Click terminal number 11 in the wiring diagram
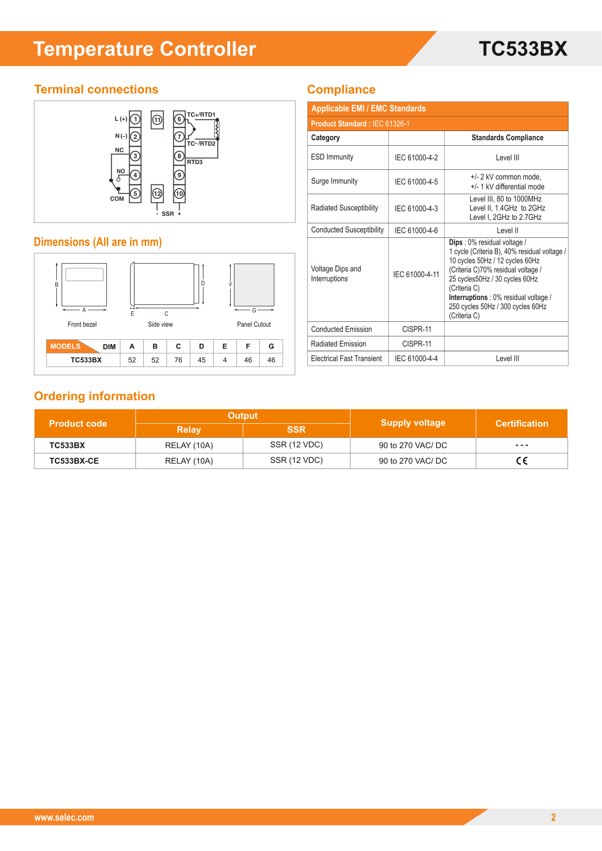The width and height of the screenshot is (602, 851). [157, 120]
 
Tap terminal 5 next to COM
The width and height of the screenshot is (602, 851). [135, 193]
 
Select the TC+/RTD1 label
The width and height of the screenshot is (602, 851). [201, 115]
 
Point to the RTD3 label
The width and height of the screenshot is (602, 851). [195, 162]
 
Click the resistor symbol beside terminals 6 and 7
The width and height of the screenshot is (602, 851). [217, 129]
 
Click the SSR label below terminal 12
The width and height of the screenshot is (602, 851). [168, 214]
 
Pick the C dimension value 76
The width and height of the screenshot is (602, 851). [178, 360]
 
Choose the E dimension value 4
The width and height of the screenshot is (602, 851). [225, 360]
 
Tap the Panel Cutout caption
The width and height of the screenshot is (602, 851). [254, 324]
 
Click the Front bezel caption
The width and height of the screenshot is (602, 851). [82, 324]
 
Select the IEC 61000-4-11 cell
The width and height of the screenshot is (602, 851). [416, 275]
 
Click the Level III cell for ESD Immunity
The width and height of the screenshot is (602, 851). [507, 158]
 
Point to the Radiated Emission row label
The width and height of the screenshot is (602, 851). [338, 344]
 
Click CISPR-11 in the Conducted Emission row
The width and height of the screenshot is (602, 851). [417, 329]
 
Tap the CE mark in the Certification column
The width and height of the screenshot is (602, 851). [522, 461]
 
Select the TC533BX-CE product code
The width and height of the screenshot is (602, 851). [74, 461]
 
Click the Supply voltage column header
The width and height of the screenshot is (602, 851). [413, 423]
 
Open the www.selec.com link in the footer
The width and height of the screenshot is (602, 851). [64, 818]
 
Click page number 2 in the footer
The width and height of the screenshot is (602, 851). [553, 818]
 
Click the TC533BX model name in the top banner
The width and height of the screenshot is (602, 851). [523, 49]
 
